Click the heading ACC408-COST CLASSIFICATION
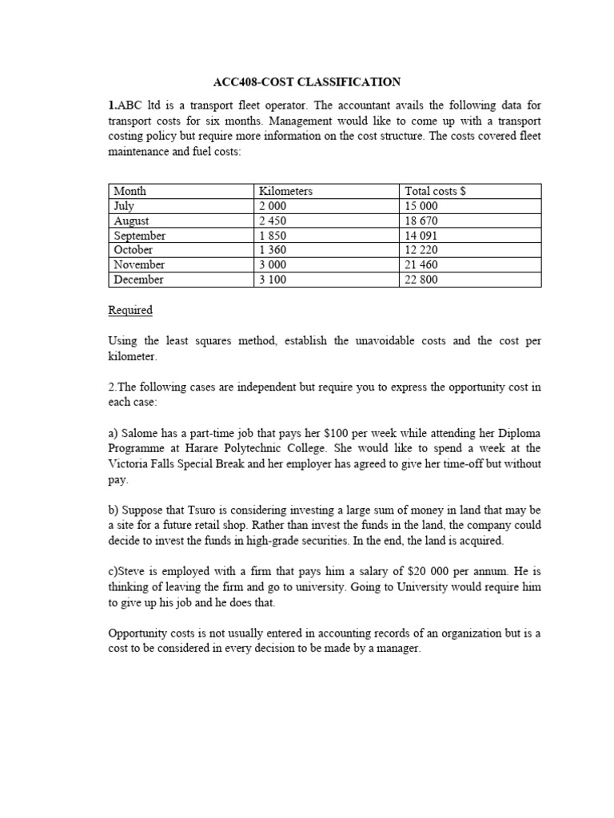point(308,81)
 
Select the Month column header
point(130,191)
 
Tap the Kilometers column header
point(285,191)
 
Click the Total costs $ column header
point(436,191)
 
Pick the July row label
point(125,206)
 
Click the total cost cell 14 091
point(421,236)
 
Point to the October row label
point(134,250)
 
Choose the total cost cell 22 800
point(421,280)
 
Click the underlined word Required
point(130,310)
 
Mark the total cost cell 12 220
point(421,250)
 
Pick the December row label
point(138,280)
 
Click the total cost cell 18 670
point(421,221)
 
